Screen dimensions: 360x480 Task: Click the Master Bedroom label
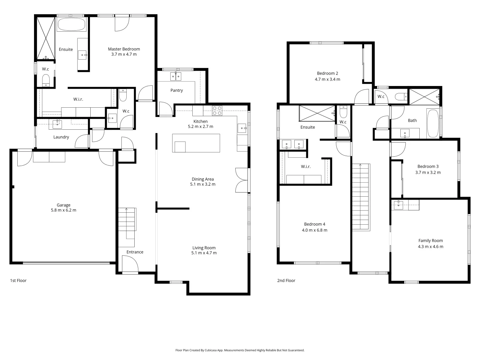pos(124,49)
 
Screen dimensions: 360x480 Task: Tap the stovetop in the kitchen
pos(217,110)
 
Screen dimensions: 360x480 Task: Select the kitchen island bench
pos(196,143)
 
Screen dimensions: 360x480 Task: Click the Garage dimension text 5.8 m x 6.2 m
pos(63,210)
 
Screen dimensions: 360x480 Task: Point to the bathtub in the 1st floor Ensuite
pos(71,24)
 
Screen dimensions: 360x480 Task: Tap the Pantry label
pos(177,90)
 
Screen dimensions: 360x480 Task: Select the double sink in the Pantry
pos(176,76)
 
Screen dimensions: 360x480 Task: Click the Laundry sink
pos(57,124)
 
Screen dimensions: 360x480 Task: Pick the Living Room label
pos(204,248)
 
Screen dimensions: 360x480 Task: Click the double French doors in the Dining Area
pos(242,180)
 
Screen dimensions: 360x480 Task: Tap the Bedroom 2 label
pos(327,73)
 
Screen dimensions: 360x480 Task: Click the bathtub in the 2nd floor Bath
pos(433,123)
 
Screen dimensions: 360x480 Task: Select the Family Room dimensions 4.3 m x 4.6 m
pos(430,247)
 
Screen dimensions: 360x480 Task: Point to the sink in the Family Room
pos(398,205)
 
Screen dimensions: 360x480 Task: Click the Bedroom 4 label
pos(314,224)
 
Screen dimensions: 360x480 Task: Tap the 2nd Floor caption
pos(286,281)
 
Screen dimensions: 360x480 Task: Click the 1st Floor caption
pos(18,281)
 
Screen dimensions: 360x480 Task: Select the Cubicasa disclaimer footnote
pos(240,350)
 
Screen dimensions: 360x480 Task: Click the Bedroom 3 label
pos(428,166)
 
